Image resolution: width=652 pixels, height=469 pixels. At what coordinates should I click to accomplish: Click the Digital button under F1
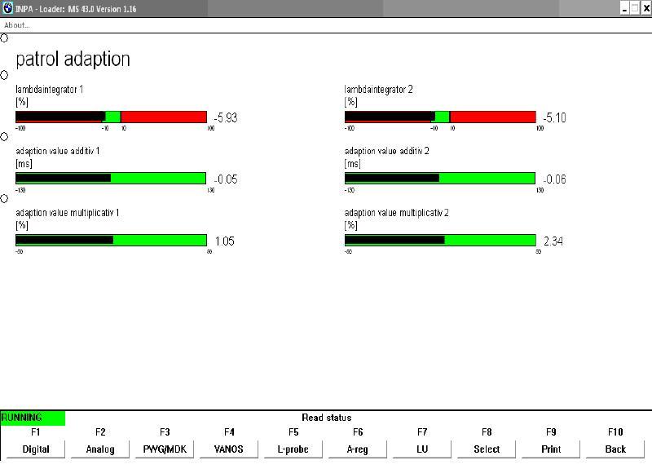36,449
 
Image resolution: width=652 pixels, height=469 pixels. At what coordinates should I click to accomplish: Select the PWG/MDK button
165,449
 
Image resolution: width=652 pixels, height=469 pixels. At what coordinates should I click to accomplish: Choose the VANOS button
229,449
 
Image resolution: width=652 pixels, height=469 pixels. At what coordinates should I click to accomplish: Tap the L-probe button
293,449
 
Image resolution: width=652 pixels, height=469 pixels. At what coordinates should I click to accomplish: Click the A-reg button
358,449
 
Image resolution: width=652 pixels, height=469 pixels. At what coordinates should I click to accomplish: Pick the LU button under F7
422,449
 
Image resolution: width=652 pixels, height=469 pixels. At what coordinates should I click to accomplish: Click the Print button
551,449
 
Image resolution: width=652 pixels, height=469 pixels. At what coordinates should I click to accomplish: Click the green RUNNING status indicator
33,418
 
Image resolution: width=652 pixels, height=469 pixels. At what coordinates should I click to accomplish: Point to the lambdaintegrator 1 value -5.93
225,118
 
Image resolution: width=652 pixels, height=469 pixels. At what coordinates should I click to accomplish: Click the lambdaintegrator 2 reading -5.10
554,118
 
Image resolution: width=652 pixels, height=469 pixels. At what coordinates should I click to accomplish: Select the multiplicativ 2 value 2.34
553,241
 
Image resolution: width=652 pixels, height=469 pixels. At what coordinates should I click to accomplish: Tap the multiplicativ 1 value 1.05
225,241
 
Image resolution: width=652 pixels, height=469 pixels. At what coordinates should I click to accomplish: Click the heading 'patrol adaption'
73,60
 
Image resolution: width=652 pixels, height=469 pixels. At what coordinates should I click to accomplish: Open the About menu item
17,25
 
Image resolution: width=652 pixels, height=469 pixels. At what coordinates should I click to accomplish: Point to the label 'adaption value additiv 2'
387,151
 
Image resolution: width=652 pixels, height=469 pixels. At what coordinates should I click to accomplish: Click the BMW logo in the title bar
8,8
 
